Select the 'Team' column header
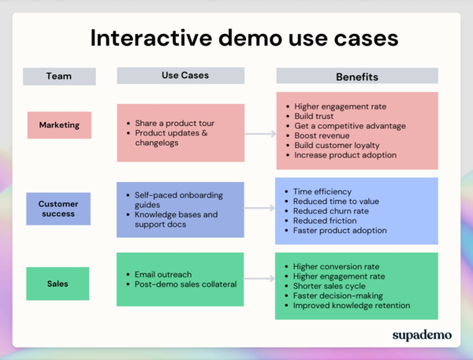click(x=59, y=76)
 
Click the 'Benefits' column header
click(x=356, y=77)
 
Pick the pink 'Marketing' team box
click(x=59, y=124)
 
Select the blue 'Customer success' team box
click(x=59, y=209)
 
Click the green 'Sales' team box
click(x=59, y=284)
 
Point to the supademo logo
click(x=422, y=335)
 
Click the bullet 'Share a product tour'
click(x=174, y=123)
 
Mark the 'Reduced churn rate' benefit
click(x=332, y=211)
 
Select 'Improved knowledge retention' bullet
click(x=352, y=306)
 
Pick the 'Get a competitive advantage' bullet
click(x=349, y=126)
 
